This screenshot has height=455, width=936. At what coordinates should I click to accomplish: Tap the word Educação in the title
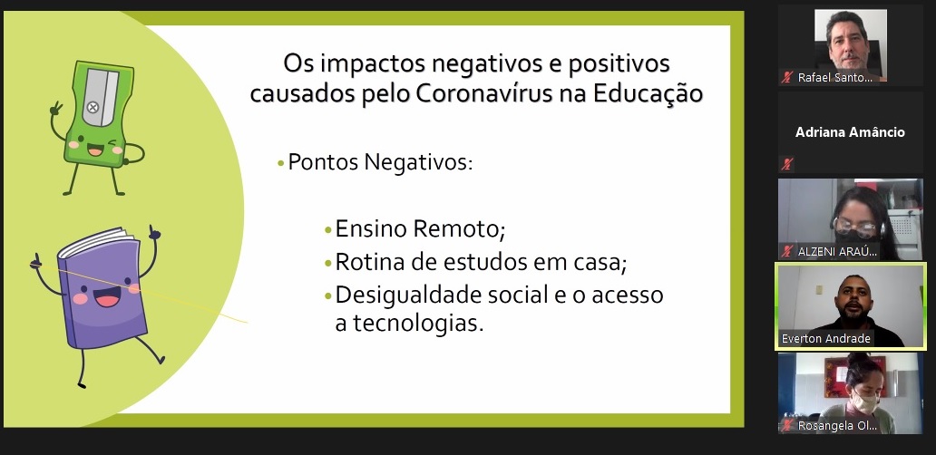click(648, 95)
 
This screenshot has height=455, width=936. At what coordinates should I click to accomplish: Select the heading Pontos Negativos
click(380, 161)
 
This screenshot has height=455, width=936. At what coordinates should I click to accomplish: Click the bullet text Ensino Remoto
click(420, 228)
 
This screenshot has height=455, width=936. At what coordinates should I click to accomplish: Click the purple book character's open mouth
click(107, 297)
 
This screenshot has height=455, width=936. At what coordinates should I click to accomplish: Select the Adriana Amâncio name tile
click(850, 132)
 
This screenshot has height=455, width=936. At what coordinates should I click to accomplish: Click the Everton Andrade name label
click(826, 339)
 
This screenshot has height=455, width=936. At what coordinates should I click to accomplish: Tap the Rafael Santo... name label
click(834, 78)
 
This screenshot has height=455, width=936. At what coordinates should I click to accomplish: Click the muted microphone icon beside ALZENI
click(787, 251)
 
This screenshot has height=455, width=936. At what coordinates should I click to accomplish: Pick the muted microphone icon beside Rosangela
click(787, 425)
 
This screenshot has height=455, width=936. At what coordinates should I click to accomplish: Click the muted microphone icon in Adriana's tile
click(787, 163)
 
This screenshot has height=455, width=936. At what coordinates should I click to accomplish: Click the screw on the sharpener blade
click(93, 107)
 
